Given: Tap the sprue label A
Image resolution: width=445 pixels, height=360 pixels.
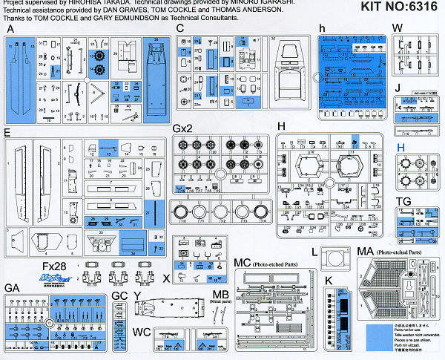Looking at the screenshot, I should coord(10,30).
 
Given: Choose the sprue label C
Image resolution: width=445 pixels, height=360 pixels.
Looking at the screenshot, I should coord(179,29).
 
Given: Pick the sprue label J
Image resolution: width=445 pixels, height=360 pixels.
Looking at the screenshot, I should coord(398,88).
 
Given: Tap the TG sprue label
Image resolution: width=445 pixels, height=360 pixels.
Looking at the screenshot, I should coord(403,202).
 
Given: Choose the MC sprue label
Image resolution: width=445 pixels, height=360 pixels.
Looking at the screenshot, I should coord(241,263).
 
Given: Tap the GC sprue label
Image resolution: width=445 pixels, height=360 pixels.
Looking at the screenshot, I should coord(119,295).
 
